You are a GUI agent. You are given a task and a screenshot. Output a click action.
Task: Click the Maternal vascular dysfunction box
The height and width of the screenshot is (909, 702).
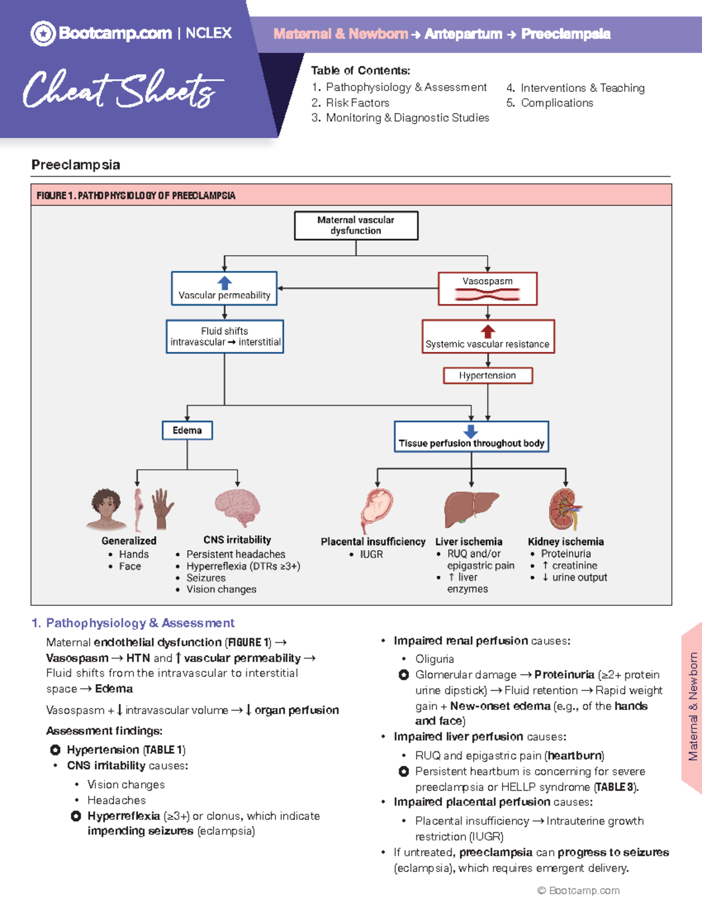click(x=356, y=225)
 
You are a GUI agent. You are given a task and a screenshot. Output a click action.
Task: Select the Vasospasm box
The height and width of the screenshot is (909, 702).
click(x=487, y=289)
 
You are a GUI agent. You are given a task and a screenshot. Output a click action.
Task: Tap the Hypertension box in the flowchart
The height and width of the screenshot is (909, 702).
click(x=487, y=375)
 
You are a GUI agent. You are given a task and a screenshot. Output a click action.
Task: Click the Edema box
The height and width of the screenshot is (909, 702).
click(x=187, y=430)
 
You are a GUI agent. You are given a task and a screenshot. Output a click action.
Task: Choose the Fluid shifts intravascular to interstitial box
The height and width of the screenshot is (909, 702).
click(x=225, y=337)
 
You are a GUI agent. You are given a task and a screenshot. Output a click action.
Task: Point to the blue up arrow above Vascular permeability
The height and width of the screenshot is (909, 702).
click(x=225, y=283)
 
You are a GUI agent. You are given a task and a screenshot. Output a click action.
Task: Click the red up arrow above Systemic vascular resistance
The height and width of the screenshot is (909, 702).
click(x=488, y=331)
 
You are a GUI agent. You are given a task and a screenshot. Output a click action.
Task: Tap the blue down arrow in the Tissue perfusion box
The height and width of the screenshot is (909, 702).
click(x=471, y=431)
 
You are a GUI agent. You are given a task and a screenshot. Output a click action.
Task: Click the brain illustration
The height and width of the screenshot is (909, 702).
click(x=238, y=507)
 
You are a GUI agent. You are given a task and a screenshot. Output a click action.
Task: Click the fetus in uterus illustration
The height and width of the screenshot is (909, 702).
click(x=376, y=508)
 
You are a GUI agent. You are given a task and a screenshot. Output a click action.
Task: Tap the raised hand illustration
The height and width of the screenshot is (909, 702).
click(x=162, y=507)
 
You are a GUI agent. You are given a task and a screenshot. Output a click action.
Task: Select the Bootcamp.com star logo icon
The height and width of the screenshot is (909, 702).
click(x=43, y=33)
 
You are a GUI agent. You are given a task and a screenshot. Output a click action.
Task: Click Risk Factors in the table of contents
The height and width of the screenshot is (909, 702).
click(x=357, y=102)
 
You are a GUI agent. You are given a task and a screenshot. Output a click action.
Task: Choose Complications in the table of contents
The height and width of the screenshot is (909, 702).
click(x=557, y=103)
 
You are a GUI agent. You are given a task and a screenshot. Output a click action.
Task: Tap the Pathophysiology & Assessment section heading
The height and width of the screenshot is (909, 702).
click(x=140, y=623)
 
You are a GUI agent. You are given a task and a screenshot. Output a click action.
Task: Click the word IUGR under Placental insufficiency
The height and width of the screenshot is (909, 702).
click(x=371, y=554)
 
